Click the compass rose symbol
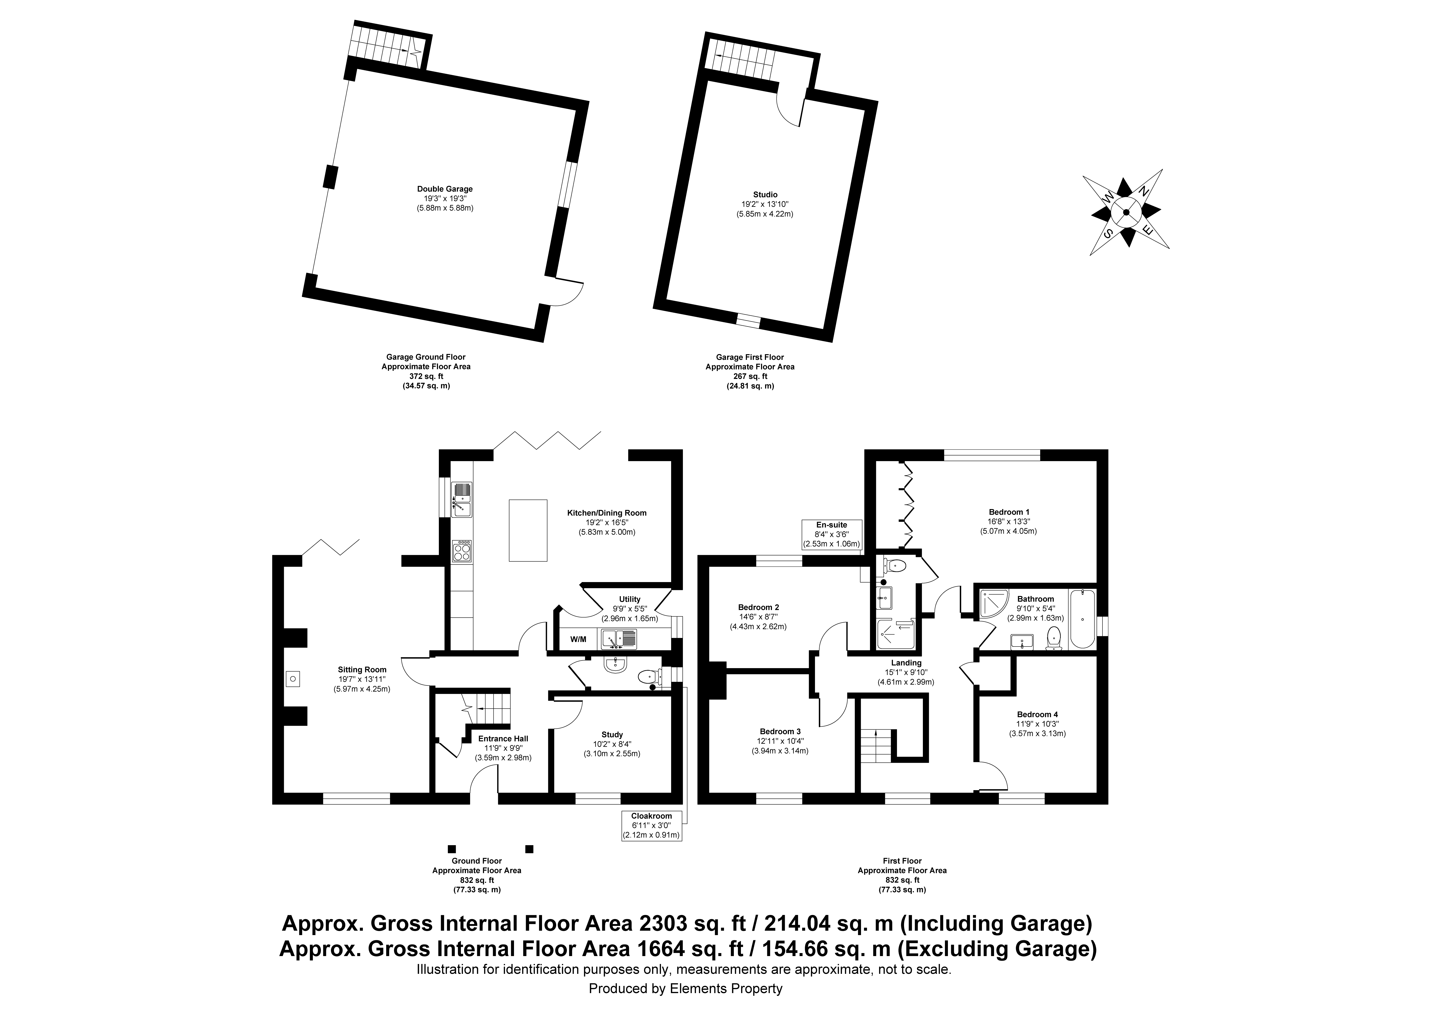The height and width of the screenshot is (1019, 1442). pyautogui.click(x=1125, y=212)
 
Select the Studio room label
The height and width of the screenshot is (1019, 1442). pyautogui.click(x=765, y=195)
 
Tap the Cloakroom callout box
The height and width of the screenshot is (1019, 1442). pyautogui.click(x=651, y=825)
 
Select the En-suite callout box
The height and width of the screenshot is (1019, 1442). pyautogui.click(x=831, y=534)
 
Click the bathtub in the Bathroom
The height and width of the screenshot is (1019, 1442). pyautogui.click(x=1082, y=619)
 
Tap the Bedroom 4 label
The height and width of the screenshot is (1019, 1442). pyautogui.click(x=1038, y=714)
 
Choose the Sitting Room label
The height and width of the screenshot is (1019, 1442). pyautogui.click(x=362, y=670)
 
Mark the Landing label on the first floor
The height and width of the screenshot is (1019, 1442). pyautogui.click(x=906, y=663)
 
